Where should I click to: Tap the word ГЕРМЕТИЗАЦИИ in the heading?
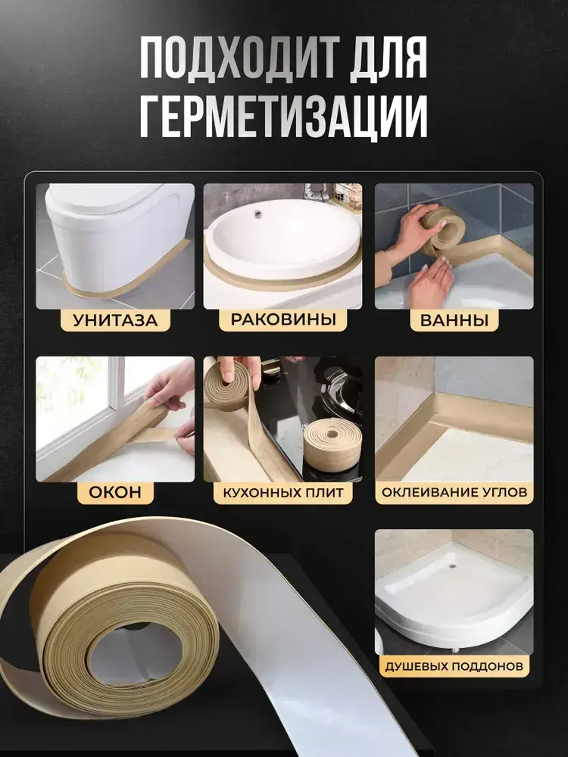[x=284, y=117]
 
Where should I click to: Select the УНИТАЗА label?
[x=115, y=320]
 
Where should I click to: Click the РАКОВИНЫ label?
[x=283, y=319]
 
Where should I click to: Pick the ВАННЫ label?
[x=454, y=320]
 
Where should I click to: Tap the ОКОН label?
[x=115, y=493]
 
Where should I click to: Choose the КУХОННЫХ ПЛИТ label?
[x=283, y=493]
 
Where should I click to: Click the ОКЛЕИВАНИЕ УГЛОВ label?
[x=454, y=493]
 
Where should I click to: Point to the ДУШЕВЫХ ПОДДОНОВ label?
[x=454, y=667]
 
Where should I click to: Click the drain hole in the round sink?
[x=258, y=212]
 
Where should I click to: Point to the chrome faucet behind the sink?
[x=315, y=192]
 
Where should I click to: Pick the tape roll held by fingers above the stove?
[x=227, y=386]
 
